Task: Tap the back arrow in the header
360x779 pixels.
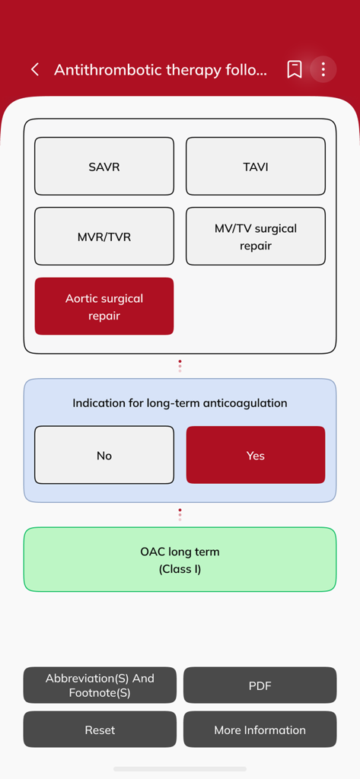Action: [x=35, y=70]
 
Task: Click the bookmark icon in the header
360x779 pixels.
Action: [x=295, y=70]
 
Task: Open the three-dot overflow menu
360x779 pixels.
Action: [x=323, y=70]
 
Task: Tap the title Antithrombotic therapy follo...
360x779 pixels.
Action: [x=161, y=70]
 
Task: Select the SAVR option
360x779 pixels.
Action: [x=104, y=167]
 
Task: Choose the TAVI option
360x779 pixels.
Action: [x=256, y=167]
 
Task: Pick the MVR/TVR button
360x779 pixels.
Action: [x=104, y=237]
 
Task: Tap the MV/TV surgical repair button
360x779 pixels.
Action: [x=256, y=237]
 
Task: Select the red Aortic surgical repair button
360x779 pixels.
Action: [x=104, y=307]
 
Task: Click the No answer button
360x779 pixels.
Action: [x=104, y=456]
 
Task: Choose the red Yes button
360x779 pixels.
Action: [x=256, y=456]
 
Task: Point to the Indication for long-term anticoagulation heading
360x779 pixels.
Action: [x=180, y=403]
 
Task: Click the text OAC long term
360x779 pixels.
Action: [x=180, y=552]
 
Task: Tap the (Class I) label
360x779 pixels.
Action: [x=180, y=569]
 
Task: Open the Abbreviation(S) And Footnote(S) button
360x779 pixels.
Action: [x=100, y=685]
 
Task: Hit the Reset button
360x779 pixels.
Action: [x=100, y=730]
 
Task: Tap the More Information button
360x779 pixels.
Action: [x=260, y=730]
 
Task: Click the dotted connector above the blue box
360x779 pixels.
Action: [x=180, y=366]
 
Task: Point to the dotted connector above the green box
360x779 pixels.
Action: [x=180, y=515]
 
